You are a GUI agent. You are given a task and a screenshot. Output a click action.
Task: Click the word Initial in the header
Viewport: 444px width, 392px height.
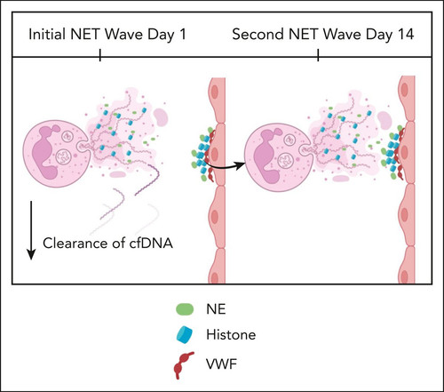coord(47,34)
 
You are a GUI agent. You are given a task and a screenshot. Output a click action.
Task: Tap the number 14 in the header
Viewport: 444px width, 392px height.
coord(406,34)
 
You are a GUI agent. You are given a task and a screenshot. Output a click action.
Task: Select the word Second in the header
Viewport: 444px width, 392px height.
coord(258,34)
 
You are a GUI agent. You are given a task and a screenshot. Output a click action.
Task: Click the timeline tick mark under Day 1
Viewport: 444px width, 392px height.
coord(100,55)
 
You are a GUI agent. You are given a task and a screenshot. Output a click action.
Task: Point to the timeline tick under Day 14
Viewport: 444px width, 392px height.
coord(318,55)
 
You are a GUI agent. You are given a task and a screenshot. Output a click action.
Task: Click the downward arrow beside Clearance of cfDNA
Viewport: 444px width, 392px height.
coord(31,230)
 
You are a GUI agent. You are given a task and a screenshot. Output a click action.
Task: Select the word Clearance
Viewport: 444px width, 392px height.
coord(75,244)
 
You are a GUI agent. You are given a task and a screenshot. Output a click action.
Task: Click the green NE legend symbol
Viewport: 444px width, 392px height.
coord(185,309)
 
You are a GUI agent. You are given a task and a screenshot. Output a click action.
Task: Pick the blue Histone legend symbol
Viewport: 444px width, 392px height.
coord(185,334)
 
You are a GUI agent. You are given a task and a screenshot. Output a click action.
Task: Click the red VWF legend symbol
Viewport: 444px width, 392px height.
coord(183,365)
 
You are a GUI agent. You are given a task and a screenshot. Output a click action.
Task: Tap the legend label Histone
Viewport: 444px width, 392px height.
coord(231,334)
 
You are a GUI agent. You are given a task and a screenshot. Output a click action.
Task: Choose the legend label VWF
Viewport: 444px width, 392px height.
coord(222,364)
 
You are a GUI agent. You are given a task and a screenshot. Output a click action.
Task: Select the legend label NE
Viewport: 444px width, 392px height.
coord(216,309)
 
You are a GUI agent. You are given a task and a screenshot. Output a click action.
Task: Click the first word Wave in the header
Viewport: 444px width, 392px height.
coord(124,34)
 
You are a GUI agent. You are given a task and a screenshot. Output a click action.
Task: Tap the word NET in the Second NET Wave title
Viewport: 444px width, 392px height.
coord(303,34)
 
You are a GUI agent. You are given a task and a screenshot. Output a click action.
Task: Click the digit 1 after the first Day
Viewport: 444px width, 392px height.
coord(182,34)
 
